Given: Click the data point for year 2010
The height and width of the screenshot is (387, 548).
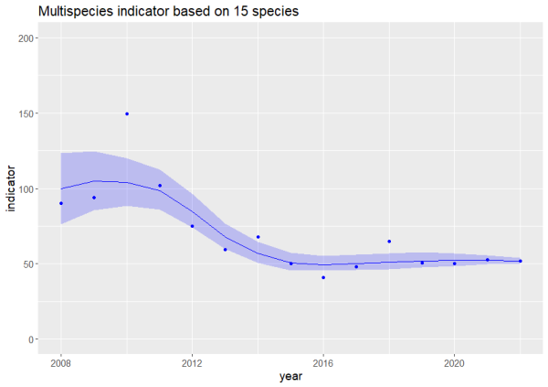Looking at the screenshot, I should [x=127, y=113].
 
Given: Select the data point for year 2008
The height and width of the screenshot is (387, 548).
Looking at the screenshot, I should [x=61, y=203].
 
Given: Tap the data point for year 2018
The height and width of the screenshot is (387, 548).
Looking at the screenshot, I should [x=389, y=242].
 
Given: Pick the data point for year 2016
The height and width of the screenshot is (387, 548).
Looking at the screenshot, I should [x=323, y=277].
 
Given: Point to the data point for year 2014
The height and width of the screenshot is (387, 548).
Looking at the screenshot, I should [x=258, y=237].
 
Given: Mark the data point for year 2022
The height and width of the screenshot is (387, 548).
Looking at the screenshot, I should [x=520, y=261].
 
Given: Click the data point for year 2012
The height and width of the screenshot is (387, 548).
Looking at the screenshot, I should [x=193, y=226].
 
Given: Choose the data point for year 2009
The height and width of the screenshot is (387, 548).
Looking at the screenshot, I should [x=94, y=198].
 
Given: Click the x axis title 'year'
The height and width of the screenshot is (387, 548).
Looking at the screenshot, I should [x=290, y=376].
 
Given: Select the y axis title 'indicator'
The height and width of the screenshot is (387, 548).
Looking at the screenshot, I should [x=13, y=188].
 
